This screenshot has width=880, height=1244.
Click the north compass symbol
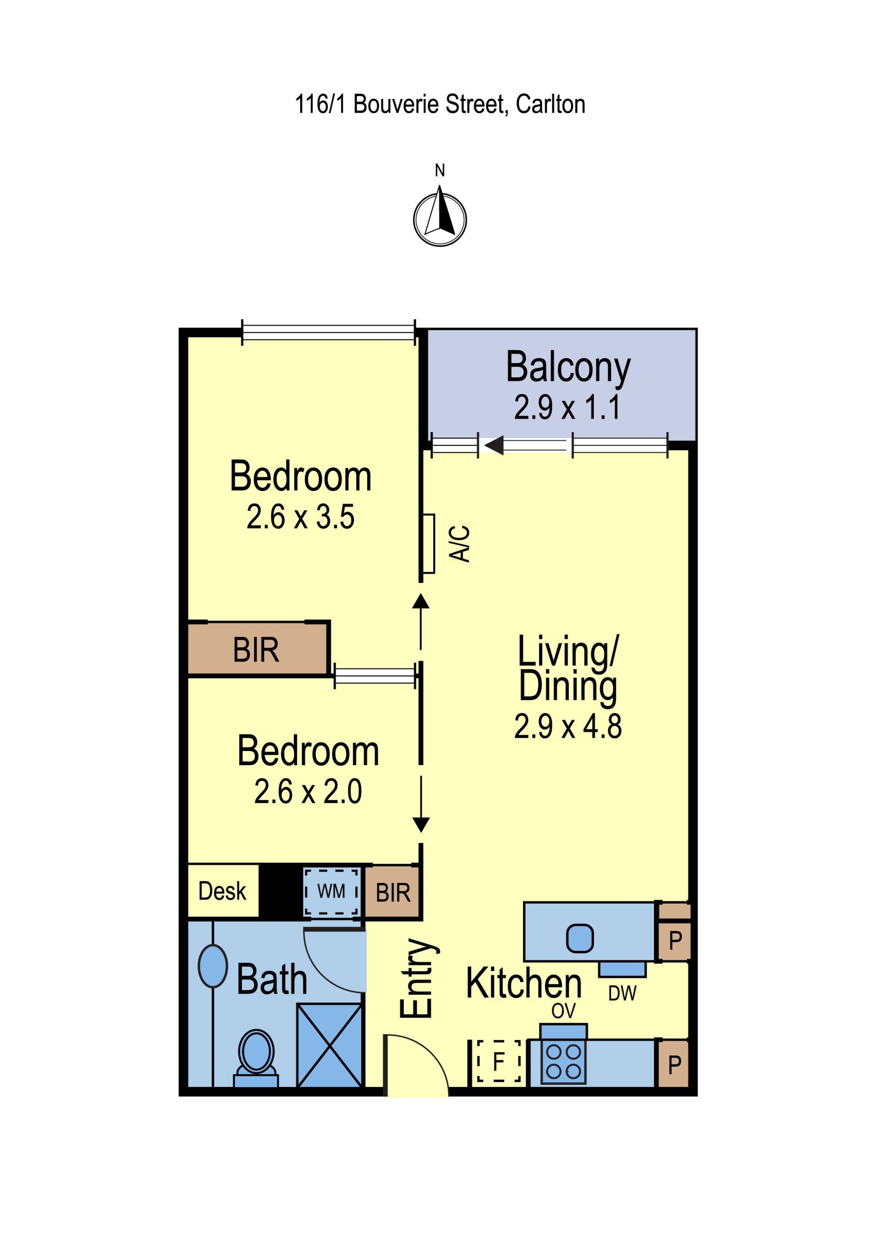[x=440, y=217]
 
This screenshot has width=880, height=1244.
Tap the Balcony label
[x=568, y=367]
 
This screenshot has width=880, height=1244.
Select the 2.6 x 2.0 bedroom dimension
[x=308, y=792]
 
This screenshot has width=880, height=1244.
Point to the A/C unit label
[x=460, y=543]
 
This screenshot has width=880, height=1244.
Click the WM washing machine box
[x=331, y=891]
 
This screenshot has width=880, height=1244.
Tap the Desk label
[x=222, y=891]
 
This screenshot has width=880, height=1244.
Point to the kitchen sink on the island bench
[x=580, y=938]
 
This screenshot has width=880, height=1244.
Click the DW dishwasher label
[x=622, y=993]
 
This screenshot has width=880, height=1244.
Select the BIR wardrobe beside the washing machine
[x=392, y=893]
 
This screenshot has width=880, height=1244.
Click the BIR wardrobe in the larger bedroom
[x=258, y=650]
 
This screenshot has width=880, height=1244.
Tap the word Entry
[x=419, y=979]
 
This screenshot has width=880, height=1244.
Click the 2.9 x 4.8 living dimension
[x=568, y=727]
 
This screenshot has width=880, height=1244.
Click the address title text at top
[x=440, y=104]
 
